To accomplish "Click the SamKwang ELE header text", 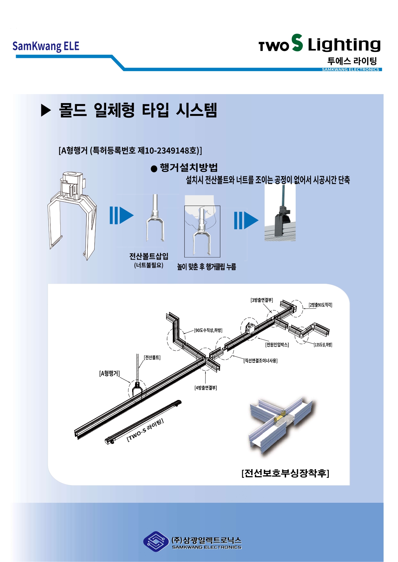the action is pyautogui.click(x=46, y=46).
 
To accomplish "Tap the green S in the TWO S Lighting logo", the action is pyautogui.click(x=297, y=43).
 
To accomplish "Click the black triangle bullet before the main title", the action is pyautogui.click(x=46, y=110).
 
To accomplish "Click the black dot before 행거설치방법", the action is pyautogui.click(x=154, y=169).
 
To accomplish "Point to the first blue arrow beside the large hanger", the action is pyautogui.click(x=121, y=215).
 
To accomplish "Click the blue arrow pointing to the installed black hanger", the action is pyautogui.click(x=246, y=220).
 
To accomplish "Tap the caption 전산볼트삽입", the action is pyautogui.click(x=149, y=256).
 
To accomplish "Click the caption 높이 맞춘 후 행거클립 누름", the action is pyautogui.click(x=207, y=267).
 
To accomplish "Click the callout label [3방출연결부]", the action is pyautogui.click(x=262, y=300).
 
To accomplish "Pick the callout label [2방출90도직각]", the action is pyautogui.click(x=320, y=305).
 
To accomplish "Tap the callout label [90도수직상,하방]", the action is pyautogui.click(x=208, y=330).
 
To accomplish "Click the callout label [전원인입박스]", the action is pyautogui.click(x=277, y=345).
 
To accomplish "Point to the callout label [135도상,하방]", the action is pyautogui.click(x=323, y=345).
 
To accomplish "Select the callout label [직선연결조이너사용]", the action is pyautogui.click(x=260, y=361).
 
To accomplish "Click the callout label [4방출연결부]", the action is pyautogui.click(x=206, y=388).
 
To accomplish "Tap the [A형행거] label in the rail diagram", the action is pyautogui.click(x=109, y=373).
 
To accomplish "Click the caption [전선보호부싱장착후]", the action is pyautogui.click(x=285, y=473).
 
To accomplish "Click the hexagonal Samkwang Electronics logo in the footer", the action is pyautogui.click(x=156, y=542).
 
